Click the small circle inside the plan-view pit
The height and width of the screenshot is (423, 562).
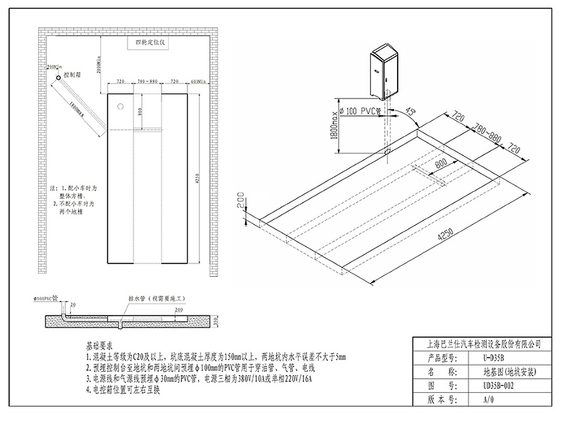(x=120, y=107)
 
